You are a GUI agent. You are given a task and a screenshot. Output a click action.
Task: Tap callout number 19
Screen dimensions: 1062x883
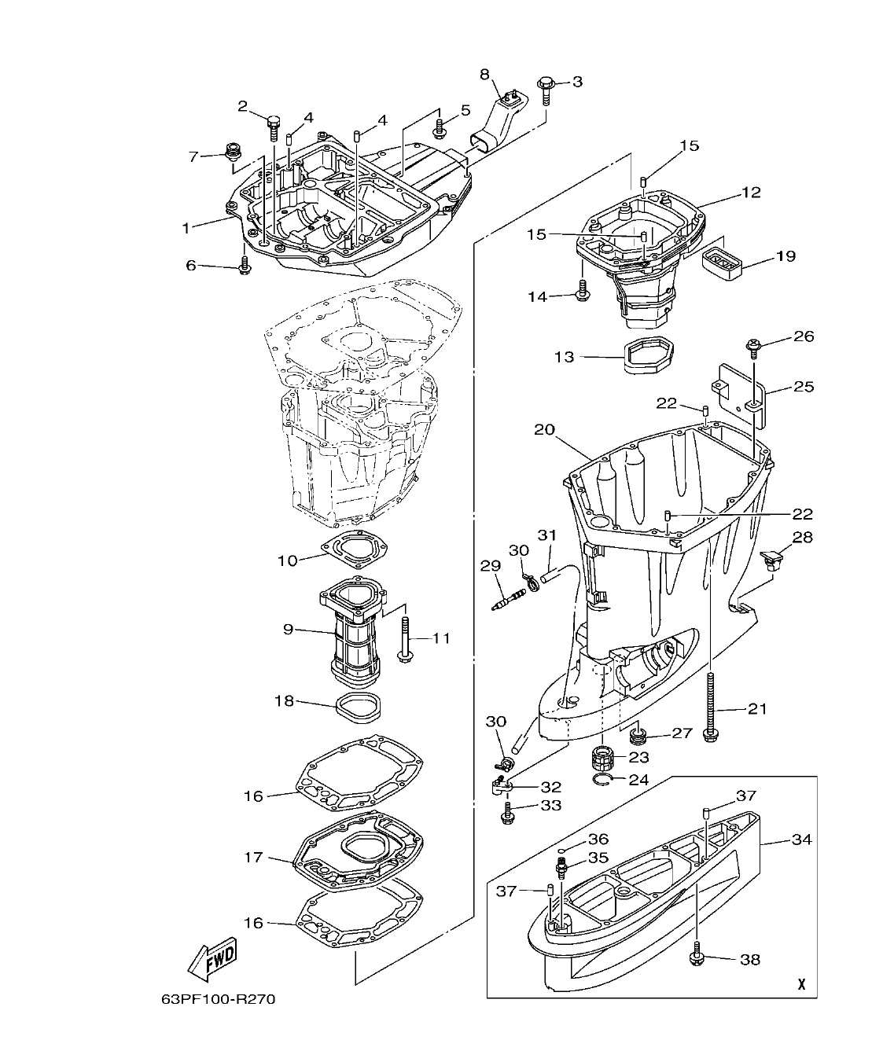786,255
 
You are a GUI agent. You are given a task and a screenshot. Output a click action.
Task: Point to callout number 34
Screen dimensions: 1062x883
801,840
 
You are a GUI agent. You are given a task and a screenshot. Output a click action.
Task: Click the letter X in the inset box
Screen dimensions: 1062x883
800,984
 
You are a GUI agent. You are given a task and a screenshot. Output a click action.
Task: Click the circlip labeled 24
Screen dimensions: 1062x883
605,779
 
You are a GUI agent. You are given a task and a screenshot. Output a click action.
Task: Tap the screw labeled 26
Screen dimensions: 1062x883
752,344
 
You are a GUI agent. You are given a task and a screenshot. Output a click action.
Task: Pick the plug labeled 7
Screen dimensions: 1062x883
233,152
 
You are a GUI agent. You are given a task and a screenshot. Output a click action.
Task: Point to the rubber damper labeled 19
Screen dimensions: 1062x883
723,262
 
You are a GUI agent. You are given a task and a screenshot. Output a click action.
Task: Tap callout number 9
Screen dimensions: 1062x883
288,629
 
